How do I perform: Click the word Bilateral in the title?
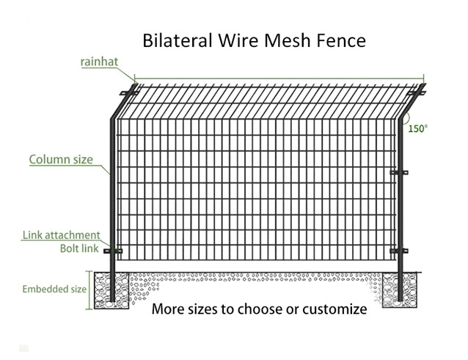point(178,40)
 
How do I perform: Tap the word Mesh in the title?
point(288,40)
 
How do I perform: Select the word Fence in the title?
point(341,40)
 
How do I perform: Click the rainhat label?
point(99,62)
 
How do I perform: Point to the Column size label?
point(61,159)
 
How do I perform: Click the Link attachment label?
point(61,235)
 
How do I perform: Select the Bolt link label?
point(79,249)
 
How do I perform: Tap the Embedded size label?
point(54,289)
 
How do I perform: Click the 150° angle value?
point(417,128)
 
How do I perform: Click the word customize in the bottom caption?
point(334,309)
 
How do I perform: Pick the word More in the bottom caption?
point(168,309)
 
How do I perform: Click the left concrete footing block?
point(111,290)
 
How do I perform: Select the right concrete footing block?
point(400,290)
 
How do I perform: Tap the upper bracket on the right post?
point(399,172)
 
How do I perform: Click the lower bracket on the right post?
point(399,251)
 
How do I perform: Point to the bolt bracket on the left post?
point(113,251)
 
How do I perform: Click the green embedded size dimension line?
point(89,290)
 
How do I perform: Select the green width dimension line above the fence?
point(279,78)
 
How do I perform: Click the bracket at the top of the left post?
point(129,93)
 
